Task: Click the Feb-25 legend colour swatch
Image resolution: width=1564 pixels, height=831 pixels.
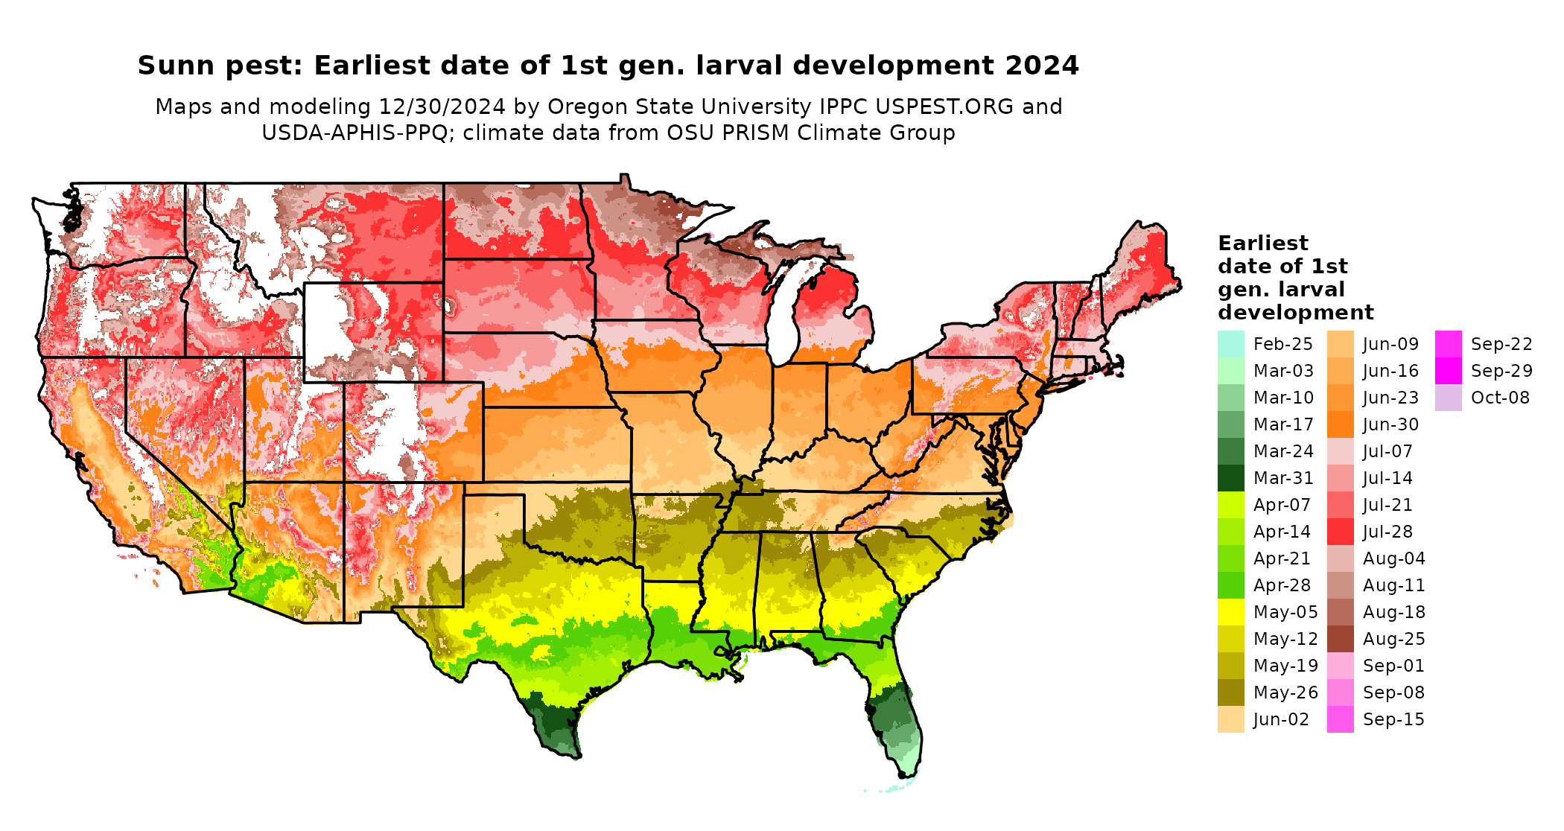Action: [x=1230, y=344]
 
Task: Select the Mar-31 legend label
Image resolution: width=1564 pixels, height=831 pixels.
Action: [x=1283, y=478]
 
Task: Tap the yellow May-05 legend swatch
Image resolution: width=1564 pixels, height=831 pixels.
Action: [x=1230, y=612]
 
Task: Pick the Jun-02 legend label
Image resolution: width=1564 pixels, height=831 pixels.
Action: [x=1281, y=719]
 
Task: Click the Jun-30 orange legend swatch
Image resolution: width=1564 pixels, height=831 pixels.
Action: [x=1340, y=424]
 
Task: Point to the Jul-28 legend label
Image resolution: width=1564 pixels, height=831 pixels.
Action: [x=1387, y=532]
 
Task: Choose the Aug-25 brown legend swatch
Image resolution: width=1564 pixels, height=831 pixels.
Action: [x=1340, y=639]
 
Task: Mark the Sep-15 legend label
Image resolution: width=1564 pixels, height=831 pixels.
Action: [x=1393, y=719]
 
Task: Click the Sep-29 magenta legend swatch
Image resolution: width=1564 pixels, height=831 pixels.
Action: [x=1449, y=371]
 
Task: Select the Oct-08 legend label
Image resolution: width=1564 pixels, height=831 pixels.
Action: [x=1500, y=398]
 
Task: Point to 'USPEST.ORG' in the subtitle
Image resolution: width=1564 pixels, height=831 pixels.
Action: [x=944, y=106]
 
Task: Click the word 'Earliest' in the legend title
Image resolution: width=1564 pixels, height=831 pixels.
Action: [x=1262, y=243]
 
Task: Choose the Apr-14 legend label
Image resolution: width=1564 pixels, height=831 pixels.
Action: [x=1282, y=532]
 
